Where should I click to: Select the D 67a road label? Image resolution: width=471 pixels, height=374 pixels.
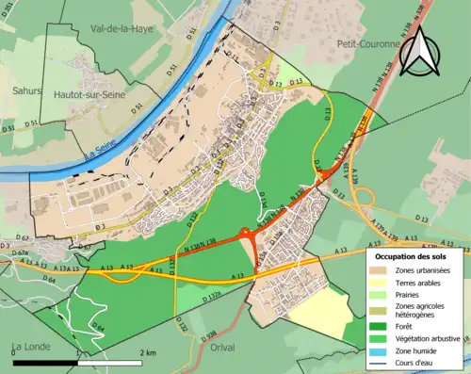(x=19, y=252)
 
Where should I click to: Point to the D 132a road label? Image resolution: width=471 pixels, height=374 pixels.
(x=213, y=297)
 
